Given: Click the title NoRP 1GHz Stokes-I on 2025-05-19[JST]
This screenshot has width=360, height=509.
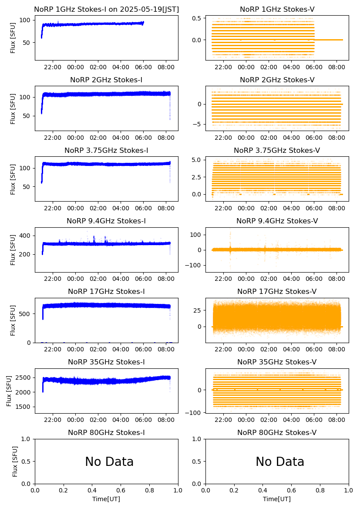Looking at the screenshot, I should point(106,10).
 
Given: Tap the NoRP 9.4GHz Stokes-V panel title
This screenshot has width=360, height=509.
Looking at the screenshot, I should point(277,221).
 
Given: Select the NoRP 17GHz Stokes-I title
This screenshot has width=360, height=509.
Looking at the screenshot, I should point(106,292).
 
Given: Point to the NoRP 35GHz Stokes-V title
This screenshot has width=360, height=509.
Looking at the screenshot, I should point(277,362).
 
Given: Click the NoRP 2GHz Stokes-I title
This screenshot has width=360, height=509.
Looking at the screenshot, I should point(106,80).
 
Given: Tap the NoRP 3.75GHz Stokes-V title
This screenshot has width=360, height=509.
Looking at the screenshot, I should point(277,151).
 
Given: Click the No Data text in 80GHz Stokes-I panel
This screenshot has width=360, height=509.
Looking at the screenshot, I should point(109,462).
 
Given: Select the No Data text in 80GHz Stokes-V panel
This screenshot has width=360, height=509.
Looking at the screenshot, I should point(280,462).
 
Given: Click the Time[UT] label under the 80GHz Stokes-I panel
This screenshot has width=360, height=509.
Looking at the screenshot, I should point(106,499).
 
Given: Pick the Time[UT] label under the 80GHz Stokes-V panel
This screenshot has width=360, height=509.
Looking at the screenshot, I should point(277,499).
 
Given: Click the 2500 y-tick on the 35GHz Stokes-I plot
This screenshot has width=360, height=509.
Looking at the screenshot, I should point(24,378).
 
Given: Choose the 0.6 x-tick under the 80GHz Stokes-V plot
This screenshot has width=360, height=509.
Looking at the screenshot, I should point(292,491).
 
